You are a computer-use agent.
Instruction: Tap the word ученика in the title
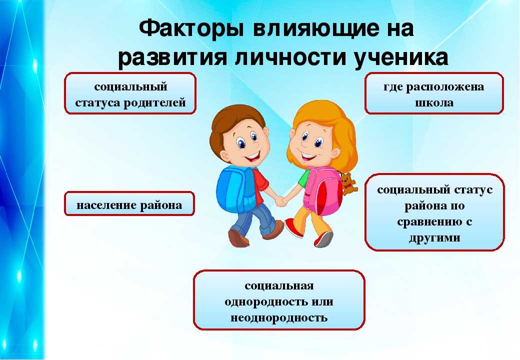pyautogui.click(x=401, y=57)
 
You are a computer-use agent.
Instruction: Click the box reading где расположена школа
pyautogui.click(x=434, y=93)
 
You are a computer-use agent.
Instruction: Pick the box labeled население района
pyautogui.click(x=129, y=203)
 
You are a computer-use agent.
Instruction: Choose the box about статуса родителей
pyautogui.click(x=130, y=93)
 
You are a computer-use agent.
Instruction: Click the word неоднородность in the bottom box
pyautogui.click(x=279, y=317)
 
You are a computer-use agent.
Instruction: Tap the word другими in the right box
pyautogui.click(x=434, y=237)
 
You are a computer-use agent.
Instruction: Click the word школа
pyautogui.click(x=434, y=102)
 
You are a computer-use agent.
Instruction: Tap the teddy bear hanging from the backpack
pyautogui.click(x=348, y=183)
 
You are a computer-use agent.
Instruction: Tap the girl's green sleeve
pyautogui.click(x=304, y=178)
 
